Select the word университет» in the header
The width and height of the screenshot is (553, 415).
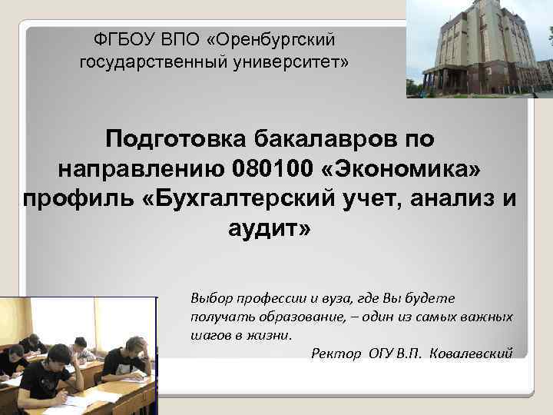(300, 61)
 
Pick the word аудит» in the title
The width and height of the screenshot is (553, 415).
(270, 227)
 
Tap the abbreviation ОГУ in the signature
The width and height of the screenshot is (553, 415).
(379, 354)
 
